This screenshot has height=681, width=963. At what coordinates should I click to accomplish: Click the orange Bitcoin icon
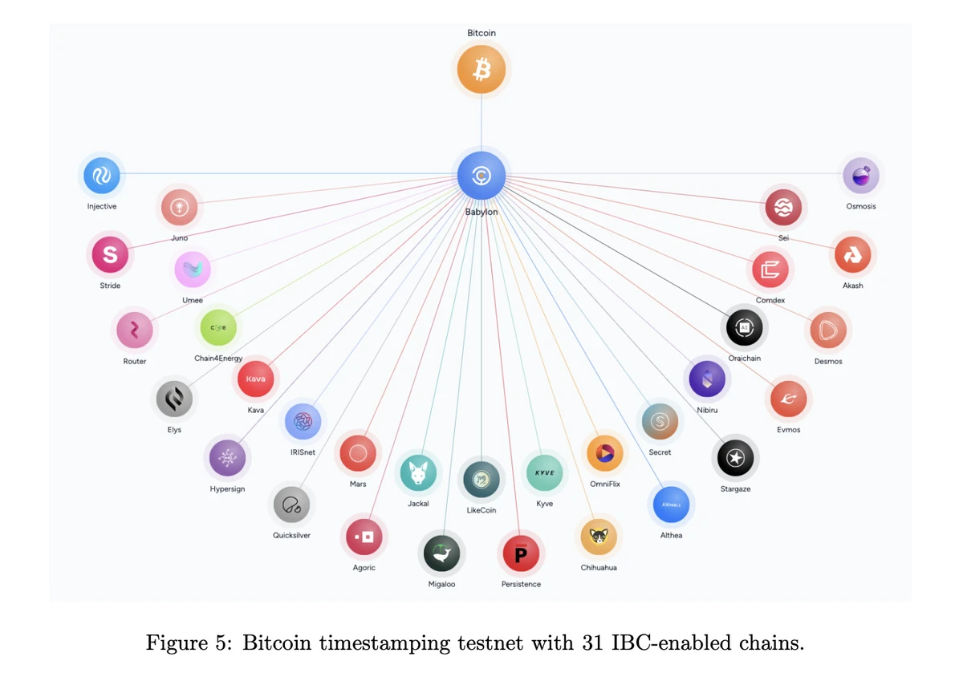click(x=481, y=70)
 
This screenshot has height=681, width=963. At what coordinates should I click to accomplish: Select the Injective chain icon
click(x=102, y=176)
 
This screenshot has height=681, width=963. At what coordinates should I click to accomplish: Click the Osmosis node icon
click(x=861, y=176)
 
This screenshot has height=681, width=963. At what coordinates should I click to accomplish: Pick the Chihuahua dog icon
click(x=599, y=537)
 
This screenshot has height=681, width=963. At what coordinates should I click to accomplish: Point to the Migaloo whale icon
click(x=441, y=553)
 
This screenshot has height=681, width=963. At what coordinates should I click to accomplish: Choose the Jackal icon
click(x=418, y=473)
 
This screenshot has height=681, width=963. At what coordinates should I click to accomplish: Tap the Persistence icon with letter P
click(x=521, y=553)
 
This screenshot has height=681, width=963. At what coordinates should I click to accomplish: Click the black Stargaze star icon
click(x=735, y=458)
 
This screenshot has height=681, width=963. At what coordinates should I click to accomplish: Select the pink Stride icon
click(x=110, y=255)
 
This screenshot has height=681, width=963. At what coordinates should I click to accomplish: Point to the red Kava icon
click(x=255, y=379)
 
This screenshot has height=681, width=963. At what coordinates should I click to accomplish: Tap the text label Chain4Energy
click(x=218, y=359)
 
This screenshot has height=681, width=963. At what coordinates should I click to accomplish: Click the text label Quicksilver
click(x=291, y=535)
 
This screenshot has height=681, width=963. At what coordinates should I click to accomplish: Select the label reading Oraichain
click(x=745, y=359)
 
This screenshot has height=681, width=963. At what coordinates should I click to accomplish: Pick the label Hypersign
click(x=227, y=489)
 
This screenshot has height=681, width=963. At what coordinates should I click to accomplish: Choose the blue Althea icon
click(x=671, y=505)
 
